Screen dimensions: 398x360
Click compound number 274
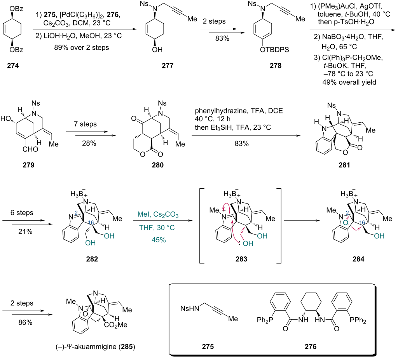(13, 66)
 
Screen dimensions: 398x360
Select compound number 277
(168, 66)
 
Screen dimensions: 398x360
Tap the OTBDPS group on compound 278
(274, 50)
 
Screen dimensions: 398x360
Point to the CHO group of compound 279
(30, 150)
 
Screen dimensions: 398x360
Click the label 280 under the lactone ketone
(158, 165)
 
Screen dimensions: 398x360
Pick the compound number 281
(344, 165)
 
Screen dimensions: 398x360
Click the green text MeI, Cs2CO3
(158, 215)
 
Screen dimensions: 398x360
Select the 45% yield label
(159, 240)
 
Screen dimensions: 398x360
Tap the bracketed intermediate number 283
(241, 259)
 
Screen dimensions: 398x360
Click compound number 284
(358, 259)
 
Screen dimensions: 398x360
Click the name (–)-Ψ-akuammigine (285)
(95, 346)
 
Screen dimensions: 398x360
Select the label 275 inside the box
(208, 346)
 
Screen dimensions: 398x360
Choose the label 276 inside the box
(311, 346)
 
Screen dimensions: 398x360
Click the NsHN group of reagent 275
(190, 308)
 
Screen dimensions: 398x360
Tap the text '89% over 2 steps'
(82, 48)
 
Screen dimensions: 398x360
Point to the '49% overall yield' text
(349, 82)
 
